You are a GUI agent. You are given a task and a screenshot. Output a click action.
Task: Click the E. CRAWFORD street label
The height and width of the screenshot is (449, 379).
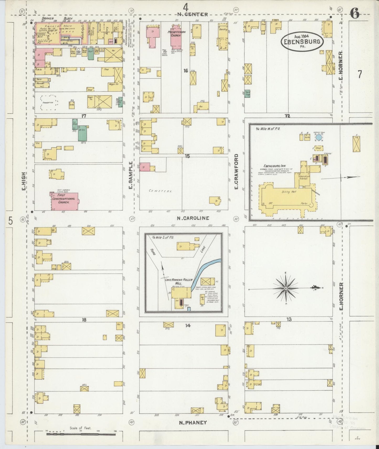click(x=236, y=172)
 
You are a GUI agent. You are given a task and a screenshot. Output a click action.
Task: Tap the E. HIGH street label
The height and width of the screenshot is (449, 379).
click(x=24, y=181)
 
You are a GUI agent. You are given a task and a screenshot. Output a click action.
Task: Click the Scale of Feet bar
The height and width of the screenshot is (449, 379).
click(x=81, y=434)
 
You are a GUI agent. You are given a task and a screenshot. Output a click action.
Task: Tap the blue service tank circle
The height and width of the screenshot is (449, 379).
click(x=319, y=137)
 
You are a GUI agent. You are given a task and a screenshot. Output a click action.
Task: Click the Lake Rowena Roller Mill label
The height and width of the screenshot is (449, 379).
click(x=178, y=281)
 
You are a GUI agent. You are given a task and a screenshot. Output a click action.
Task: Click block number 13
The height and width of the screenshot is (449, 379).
click(x=289, y=320)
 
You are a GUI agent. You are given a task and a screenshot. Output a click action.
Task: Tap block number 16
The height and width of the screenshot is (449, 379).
click(x=186, y=70)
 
